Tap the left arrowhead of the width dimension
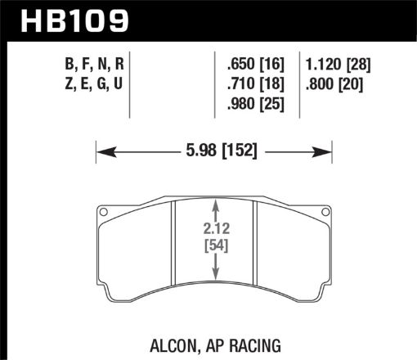point(103,150)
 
